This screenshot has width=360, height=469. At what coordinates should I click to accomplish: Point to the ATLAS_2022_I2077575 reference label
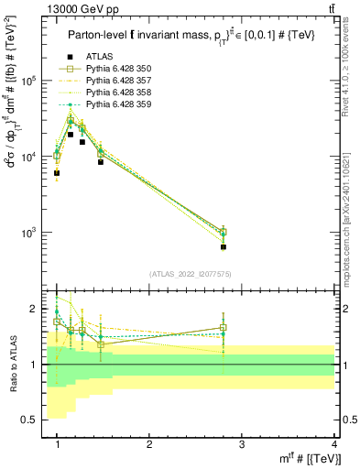(x=191, y=274)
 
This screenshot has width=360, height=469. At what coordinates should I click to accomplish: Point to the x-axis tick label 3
(x=242, y=444)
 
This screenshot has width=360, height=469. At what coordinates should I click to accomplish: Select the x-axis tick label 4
(x=334, y=444)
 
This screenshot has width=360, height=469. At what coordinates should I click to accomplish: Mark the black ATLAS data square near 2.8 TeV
(x=224, y=246)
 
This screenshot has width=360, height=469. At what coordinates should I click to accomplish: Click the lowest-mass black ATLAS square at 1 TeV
(x=57, y=173)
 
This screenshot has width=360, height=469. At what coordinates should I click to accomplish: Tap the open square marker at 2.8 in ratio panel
(x=224, y=327)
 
